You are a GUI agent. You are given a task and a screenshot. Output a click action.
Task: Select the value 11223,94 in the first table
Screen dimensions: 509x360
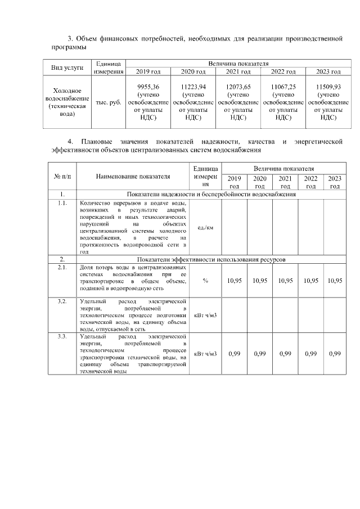coord(193,87)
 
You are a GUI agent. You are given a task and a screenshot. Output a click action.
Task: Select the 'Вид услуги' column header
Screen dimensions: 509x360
coord(67,67)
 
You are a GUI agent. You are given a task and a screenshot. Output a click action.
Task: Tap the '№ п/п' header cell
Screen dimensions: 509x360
coord(62,176)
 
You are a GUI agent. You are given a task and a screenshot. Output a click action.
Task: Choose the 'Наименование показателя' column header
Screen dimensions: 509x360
coord(133,176)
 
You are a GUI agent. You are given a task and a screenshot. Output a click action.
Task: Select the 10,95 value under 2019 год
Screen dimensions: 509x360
coord(235,280)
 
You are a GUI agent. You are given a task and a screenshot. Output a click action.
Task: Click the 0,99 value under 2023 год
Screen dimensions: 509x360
coord(335,353)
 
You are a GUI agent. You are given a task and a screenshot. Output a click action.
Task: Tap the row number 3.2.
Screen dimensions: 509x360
coord(62,301)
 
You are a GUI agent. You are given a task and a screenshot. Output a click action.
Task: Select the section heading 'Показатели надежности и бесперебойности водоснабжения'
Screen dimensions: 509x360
coord(211,195)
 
